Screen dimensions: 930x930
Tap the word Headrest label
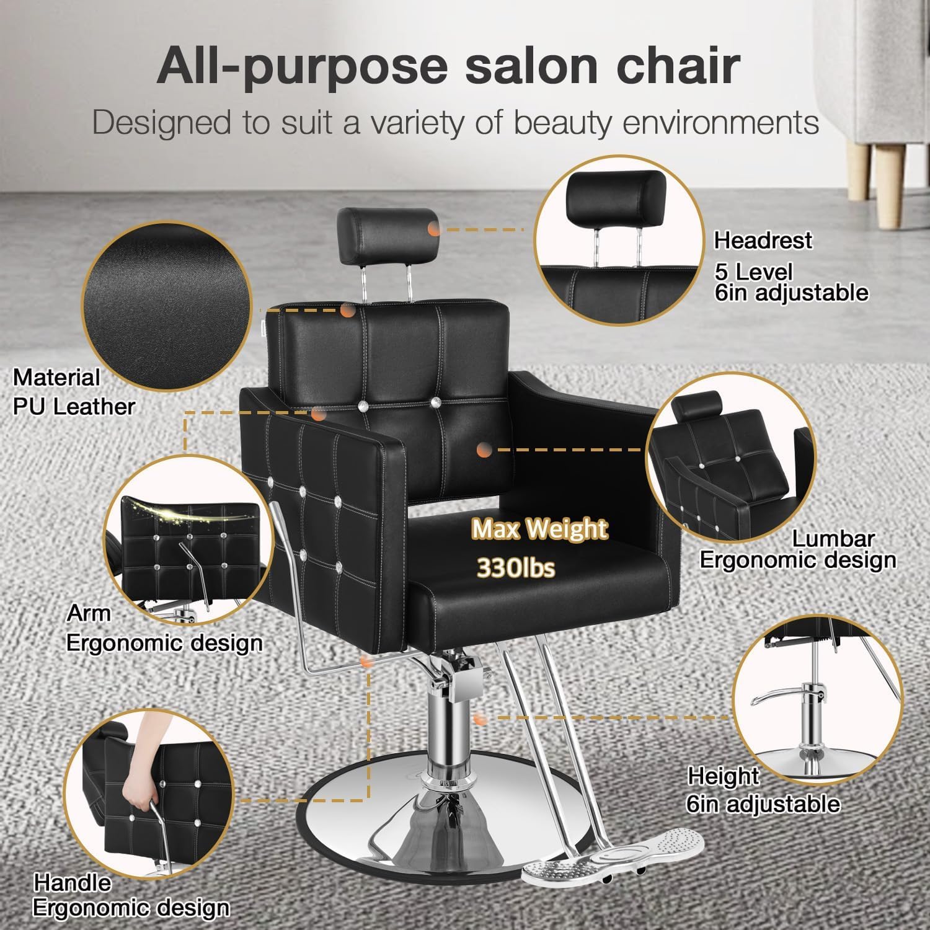(763, 240)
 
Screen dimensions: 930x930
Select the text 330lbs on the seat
(515, 567)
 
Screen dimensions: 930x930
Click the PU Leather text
(74, 407)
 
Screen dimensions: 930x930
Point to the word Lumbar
(833, 539)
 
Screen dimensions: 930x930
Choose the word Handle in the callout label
(73, 882)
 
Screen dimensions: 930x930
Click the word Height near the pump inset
(723, 776)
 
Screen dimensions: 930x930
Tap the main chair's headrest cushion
(384, 237)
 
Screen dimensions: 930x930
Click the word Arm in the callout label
(89, 613)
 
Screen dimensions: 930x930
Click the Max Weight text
(539, 530)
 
